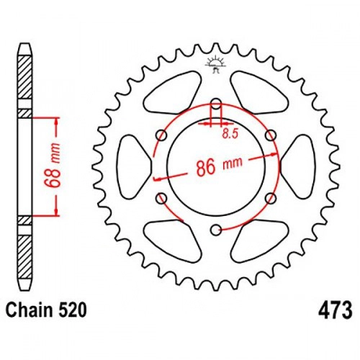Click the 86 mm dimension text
pyautogui.click(x=220, y=166)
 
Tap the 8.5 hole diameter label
pyautogui.click(x=230, y=134)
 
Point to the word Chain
pyautogui.click(x=29, y=310)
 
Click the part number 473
pyautogui.click(x=336, y=310)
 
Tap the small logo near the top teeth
pyautogui.click(x=215, y=63)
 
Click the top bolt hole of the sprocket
pyautogui.click(x=217, y=105)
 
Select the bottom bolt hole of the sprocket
pyautogui.click(x=216, y=230)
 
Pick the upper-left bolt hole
pyautogui.click(x=161, y=136)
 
